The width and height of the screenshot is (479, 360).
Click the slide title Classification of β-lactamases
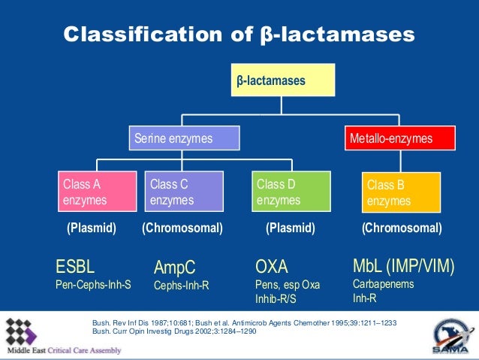(239, 35)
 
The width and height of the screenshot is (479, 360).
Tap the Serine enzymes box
(184, 138)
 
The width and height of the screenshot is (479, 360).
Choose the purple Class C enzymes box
(183, 192)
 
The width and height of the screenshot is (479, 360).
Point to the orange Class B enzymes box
(401, 193)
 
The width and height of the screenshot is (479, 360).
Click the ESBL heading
(75, 266)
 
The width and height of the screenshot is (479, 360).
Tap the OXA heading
(272, 266)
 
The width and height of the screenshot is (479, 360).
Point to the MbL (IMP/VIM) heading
(403, 266)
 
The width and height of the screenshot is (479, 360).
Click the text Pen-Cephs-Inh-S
(93, 285)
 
